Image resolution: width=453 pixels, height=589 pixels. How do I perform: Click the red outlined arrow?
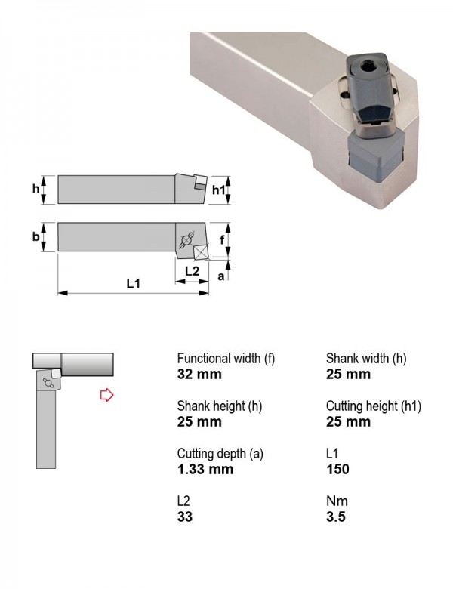106,395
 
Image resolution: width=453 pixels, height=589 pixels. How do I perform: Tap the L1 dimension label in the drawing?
133,283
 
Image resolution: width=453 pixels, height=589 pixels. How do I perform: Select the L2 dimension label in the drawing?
192,270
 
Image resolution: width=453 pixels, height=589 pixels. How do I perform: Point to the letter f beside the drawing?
222,239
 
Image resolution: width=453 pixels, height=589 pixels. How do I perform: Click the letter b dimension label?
35,236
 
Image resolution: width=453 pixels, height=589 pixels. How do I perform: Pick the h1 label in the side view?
219,190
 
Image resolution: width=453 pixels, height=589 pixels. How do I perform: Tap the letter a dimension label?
221,276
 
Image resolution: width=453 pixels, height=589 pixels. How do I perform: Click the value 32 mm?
199,374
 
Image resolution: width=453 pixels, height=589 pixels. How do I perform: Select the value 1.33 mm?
205,469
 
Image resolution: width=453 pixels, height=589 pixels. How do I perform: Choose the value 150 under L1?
337,469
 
